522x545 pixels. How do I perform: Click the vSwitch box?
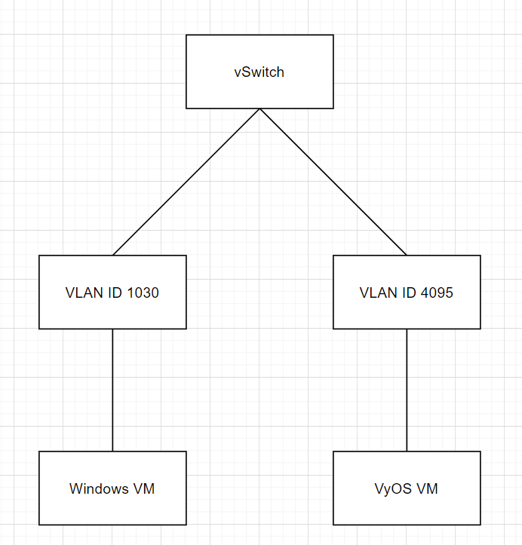point(259,72)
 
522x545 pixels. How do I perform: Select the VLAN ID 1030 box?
point(112,292)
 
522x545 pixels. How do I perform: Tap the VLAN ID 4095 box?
point(407,292)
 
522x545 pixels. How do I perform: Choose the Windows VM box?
point(112,488)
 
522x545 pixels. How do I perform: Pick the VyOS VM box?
point(407,488)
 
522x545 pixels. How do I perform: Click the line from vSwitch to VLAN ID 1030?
point(186,182)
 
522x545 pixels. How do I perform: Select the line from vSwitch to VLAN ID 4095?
point(333,182)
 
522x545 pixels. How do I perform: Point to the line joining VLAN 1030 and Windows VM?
point(112,390)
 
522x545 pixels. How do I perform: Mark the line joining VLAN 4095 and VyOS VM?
point(407,390)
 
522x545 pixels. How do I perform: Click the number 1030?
point(143,292)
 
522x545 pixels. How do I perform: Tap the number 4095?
point(437,292)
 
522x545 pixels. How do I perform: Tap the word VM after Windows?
point(143,488)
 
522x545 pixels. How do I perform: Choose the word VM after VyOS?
point(426,488)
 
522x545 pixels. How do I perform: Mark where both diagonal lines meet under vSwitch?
point(259,109)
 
